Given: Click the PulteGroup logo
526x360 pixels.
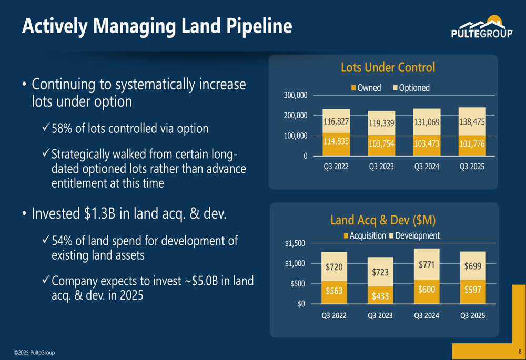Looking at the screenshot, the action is click(482, 26).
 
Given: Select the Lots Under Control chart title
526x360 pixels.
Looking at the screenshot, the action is click(388, 67).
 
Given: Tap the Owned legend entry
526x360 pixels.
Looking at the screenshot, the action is click(366, 88).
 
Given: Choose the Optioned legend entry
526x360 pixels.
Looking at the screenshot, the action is click(411, 88).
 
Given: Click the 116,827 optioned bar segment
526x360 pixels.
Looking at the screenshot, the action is click(336, 121).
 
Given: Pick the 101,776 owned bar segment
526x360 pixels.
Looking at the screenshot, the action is click(472, 146).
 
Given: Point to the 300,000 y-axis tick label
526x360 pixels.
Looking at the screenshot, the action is click(296, 95).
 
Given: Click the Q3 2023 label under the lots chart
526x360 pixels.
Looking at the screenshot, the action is click(381, 167).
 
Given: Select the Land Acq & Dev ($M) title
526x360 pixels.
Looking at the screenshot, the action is click(383, 220).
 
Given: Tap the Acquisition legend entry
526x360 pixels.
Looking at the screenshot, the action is click(365, 235).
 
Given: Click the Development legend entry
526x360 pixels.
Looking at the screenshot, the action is click(414, 235).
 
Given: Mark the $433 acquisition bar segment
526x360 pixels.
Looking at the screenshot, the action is click(380, 295).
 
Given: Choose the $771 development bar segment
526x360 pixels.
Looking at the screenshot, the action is click(427, 264).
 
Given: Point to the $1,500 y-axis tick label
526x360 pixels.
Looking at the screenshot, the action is click(295, 243).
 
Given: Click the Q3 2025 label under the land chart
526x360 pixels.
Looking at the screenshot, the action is click(473, 315).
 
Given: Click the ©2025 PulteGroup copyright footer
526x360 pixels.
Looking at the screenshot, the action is click(34, 352).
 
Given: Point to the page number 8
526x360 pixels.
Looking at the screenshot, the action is click(520, 352).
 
